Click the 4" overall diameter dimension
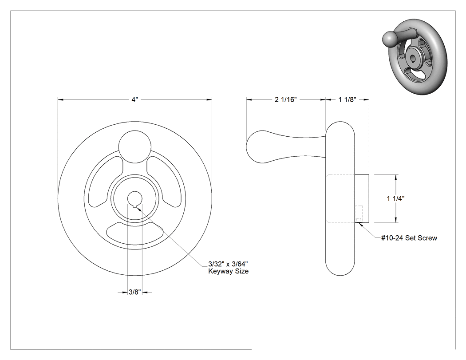(x=135, y=99)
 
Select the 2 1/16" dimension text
(x=286, y=99)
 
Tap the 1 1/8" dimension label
(x=347, y=99)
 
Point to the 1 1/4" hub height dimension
(x=395, y=198)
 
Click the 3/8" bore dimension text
(x=134, y=292)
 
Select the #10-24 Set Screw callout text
(x=409, y=238)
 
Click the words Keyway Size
(x=228, y=271)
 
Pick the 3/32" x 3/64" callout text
(x=228, y=264)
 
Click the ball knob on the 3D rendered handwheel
(x=389, y=40)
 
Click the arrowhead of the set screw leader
(x=360, y=225)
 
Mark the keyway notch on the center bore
(x=135, y=206)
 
